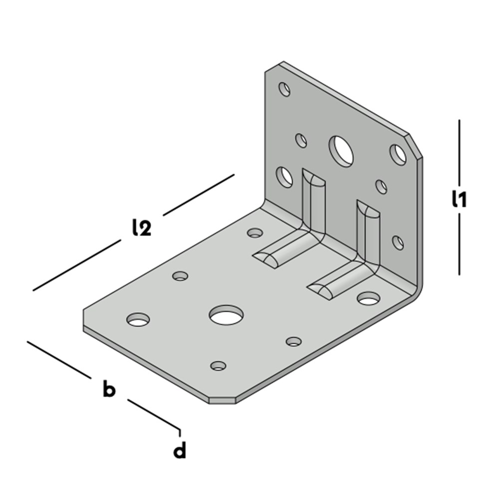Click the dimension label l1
click(459, 199)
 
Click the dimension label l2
click(142, 227)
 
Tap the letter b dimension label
click(109, 388)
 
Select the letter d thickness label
click(180, 450)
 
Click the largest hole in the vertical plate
click(341, 152)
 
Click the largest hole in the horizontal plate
click(226, 315)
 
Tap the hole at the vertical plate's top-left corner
click(284, 89)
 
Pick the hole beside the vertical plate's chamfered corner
click(398, 155)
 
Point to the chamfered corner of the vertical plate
click(415, 146)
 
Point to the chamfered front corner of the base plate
click(222, 401)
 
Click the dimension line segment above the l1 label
click(459, 152)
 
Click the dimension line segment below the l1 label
click(459, 244)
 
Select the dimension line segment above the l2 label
click(199, 195)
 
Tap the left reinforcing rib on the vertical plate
click(313, 204)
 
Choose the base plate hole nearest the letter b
click(138, 319)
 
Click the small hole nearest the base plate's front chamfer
click(219, 366)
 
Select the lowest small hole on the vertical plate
click(398, 243)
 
